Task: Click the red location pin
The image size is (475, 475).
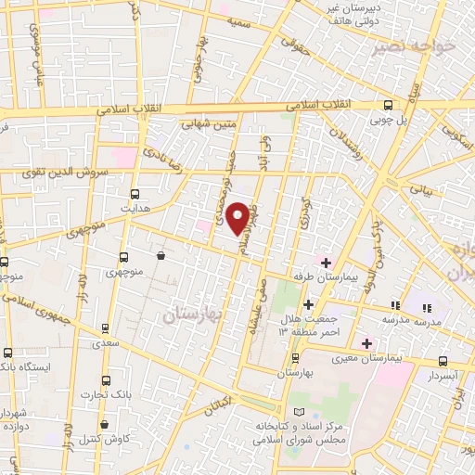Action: tap(238, 216)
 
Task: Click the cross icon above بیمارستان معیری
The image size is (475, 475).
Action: tap(366, 343)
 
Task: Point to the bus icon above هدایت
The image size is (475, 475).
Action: tap(136, 194)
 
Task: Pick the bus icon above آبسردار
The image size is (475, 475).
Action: tap(443, 362)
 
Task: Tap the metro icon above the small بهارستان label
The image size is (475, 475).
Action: tap(296, 357)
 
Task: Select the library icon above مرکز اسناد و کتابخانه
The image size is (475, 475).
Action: tap(297, 411)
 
